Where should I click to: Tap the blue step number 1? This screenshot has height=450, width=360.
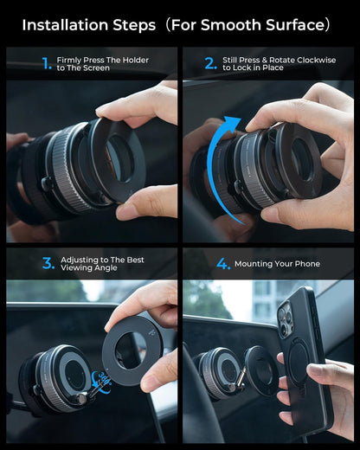[x=47, y=63]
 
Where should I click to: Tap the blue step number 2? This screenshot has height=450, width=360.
[x=210, y=63]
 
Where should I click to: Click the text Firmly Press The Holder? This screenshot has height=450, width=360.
[x=102, y=60]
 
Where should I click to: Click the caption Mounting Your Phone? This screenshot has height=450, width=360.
[x=281, y=264]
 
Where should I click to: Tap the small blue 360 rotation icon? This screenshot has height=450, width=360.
[x=101, y=379]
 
